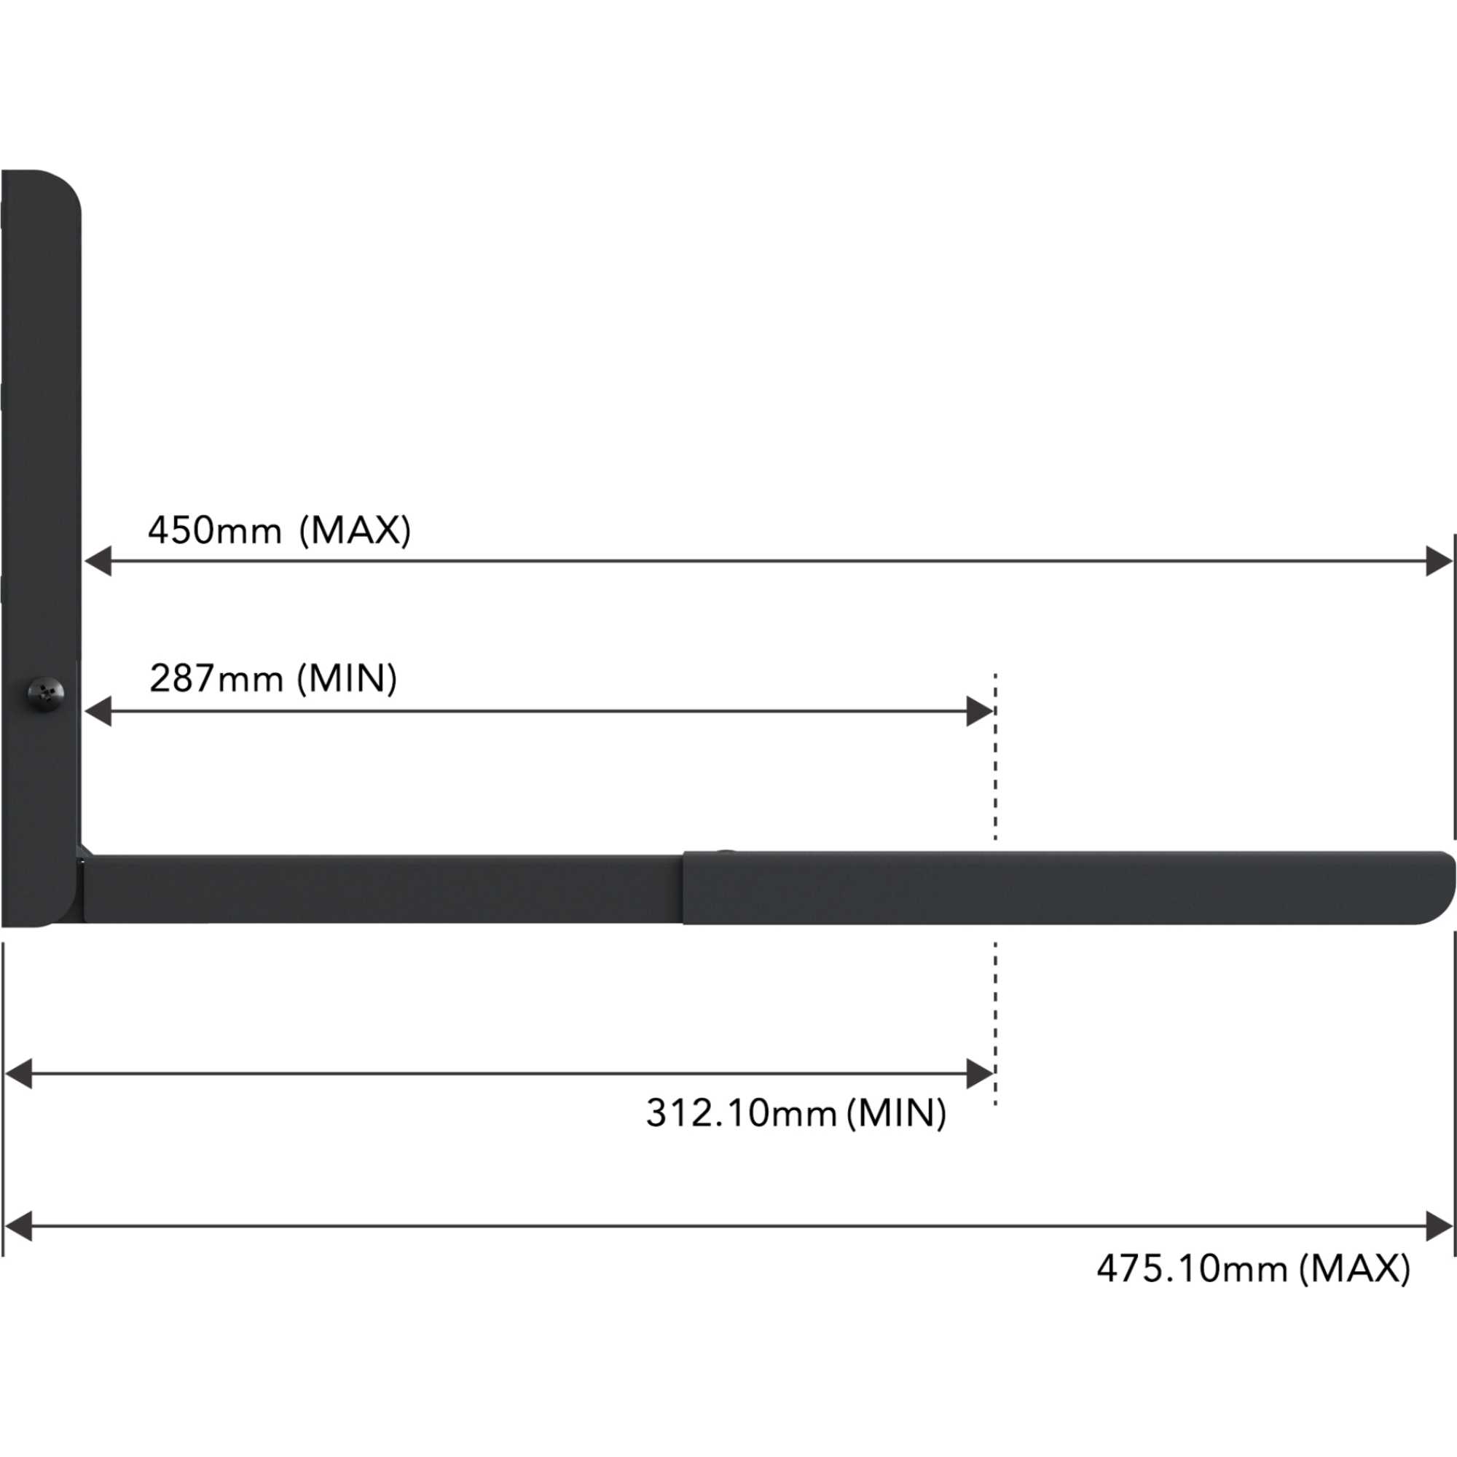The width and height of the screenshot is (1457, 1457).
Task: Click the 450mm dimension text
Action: tap(215, 530)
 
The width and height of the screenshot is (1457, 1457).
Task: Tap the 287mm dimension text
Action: tap(216, 679)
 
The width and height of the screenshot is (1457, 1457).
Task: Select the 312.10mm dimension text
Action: tap(742, 1112)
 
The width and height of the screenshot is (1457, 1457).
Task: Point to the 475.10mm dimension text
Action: tap(1192, 1268)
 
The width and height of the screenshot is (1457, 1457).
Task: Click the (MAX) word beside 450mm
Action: tap(356, 530)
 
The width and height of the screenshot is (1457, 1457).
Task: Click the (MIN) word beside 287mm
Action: tap(347, 679)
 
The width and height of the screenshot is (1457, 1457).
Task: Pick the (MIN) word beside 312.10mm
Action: tap(896, 1112)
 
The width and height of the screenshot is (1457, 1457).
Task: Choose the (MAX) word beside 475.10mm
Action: tap(1354, 1268)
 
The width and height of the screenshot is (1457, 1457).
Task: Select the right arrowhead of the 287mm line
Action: tap(979, 711)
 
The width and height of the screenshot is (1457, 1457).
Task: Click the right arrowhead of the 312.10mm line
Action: tap(979, 1073)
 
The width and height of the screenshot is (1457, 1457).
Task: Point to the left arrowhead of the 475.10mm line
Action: tap(18, 1225)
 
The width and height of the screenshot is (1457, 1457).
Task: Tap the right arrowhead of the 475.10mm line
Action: tap(1439, 1225)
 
